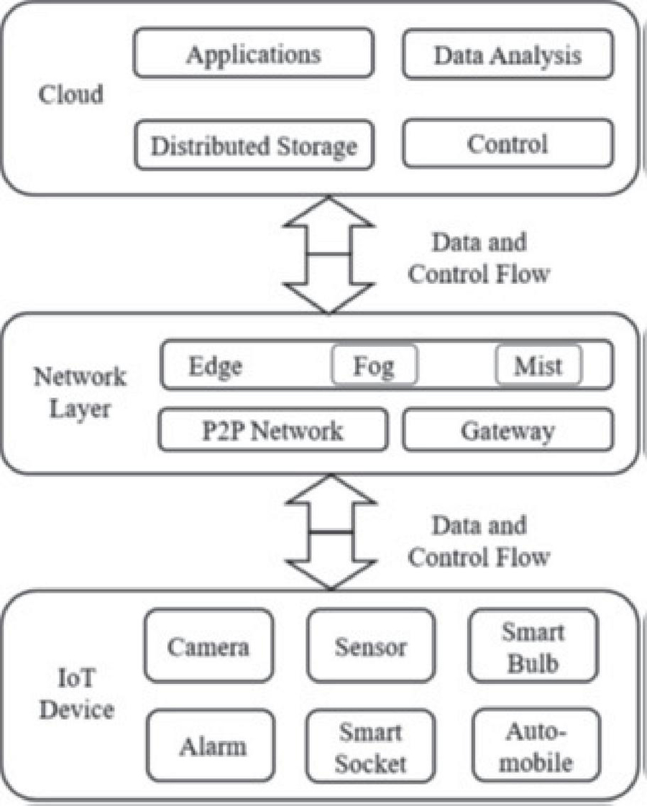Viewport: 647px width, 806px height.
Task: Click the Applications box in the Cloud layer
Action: (254, 54)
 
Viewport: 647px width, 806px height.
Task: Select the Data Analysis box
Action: (508, 55)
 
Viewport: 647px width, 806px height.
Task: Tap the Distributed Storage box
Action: (254, 145)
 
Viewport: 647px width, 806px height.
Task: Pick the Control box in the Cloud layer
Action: (508, 144)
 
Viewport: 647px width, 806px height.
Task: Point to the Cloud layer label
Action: (70, 94)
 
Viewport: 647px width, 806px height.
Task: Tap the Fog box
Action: (374, 366)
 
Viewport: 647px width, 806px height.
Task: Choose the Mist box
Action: (538, 366)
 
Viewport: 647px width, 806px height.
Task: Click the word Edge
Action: (215, 366)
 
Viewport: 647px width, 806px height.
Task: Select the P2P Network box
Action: (272, 431)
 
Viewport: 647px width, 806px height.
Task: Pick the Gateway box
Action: (508, 431)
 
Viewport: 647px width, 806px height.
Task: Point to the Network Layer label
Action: (80, 393)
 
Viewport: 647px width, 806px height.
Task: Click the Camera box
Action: (208, 646)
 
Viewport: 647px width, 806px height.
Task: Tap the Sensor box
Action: (370, 646)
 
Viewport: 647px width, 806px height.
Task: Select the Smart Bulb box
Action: (533, 646)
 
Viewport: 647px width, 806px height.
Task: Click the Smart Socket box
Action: (370, 745)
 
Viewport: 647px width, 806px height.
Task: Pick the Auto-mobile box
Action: (536, 745)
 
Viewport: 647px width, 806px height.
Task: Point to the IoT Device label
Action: (76, 693)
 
